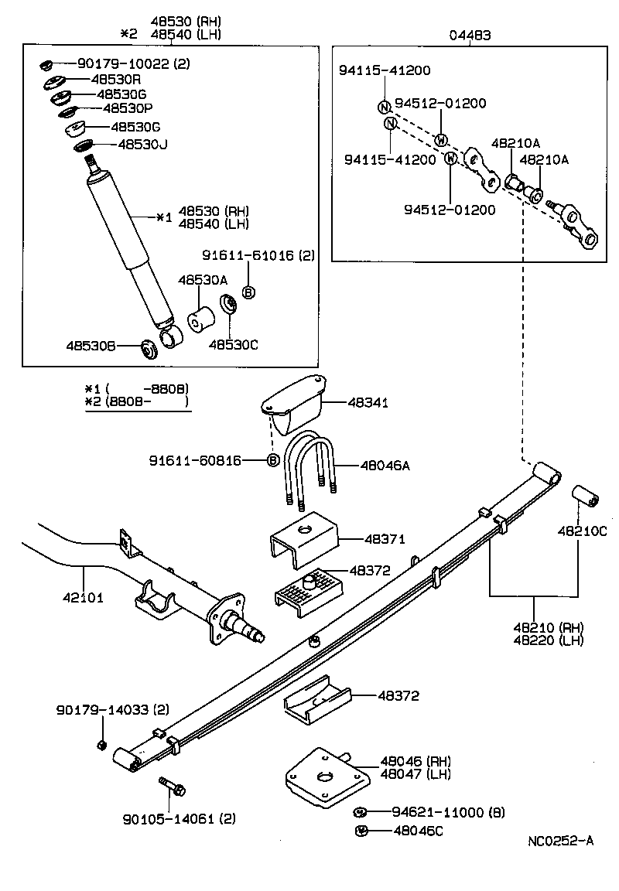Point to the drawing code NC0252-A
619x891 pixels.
tap(561, 841)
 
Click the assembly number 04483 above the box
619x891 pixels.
tap(470, 35)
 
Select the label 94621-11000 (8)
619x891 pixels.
tap(437, 812)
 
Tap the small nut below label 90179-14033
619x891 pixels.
tap(101, 744)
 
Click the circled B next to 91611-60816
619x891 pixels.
tap(272, 461)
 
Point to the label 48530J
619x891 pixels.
tap(142, 144)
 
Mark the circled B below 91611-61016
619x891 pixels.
tap(248, 292)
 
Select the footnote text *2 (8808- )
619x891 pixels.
tap(136, 402)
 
